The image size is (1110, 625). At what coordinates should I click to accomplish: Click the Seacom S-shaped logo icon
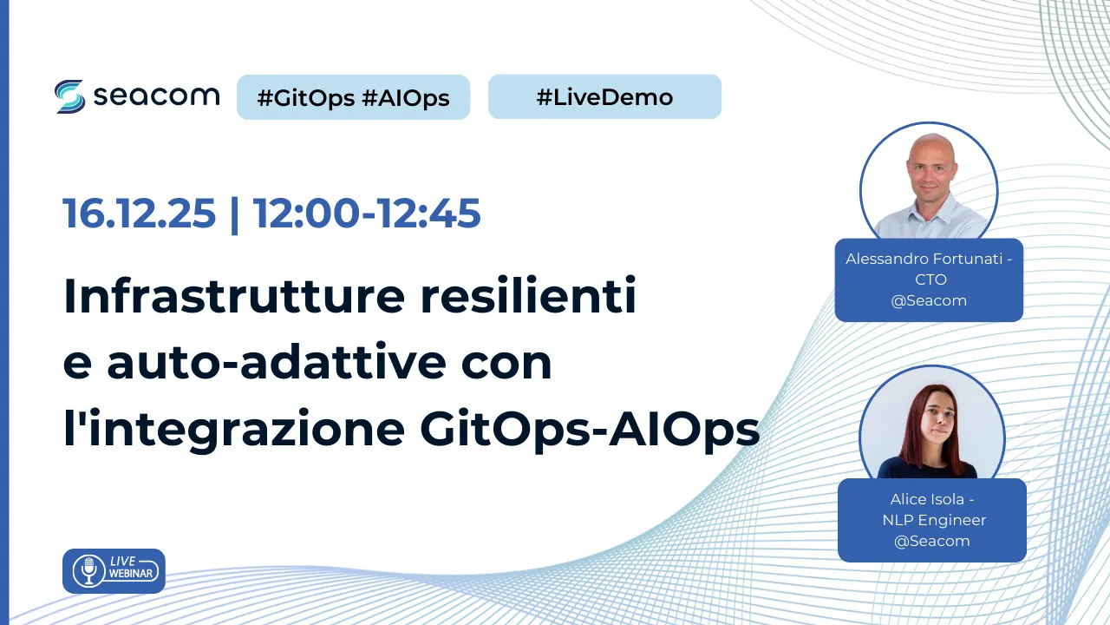69,96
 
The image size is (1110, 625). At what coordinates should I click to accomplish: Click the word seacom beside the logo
157,95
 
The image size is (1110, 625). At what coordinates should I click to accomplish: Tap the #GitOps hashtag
306,98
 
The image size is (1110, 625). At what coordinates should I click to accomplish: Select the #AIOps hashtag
405,98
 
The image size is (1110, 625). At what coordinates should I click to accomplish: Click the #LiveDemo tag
604,97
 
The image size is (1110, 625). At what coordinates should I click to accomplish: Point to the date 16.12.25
140,214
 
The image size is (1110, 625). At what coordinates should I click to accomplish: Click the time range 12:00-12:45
367,214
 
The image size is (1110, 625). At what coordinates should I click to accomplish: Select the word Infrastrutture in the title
234,296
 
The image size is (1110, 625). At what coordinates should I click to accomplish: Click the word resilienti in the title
528,296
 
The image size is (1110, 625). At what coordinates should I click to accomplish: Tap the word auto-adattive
277,362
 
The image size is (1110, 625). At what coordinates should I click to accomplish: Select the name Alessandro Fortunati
924,259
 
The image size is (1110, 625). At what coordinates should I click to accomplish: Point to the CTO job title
930,280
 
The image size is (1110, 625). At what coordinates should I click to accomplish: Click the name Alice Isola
927,499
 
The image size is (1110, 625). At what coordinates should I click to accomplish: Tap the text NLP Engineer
934,520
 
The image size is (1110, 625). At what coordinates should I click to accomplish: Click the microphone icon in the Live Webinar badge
89,571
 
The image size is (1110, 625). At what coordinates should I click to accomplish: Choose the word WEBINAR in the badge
131,574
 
